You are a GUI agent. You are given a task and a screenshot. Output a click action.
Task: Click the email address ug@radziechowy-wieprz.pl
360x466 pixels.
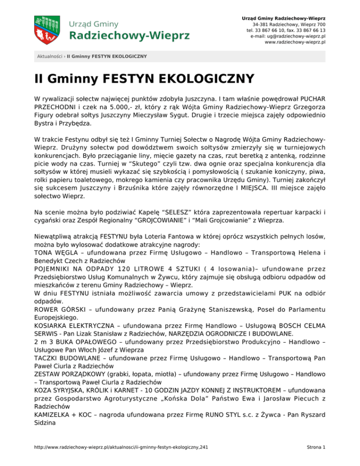(288, 36)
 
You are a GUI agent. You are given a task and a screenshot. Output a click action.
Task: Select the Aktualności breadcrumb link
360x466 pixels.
(50, 57)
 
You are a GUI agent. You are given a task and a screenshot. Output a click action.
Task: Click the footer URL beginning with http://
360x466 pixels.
(117, 461)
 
